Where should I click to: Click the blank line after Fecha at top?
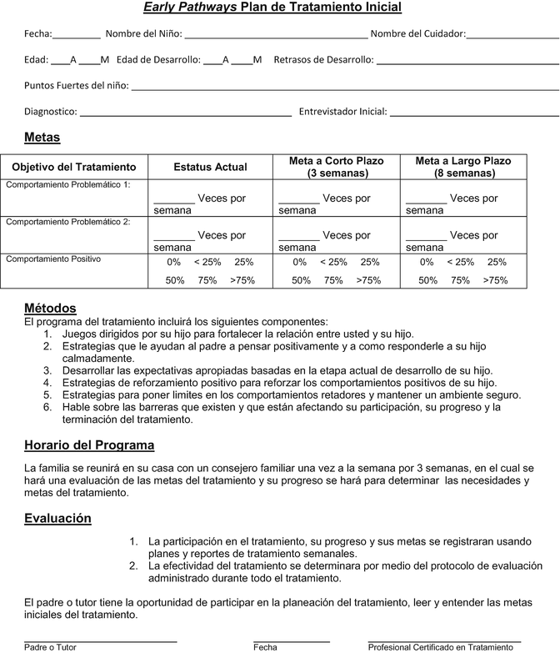pyautogui.click(x=77, y=35)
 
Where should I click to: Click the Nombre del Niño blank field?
pyautogui.click(x=275, y=35)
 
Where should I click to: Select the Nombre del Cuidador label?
pyautogui.click(x=417, y=34)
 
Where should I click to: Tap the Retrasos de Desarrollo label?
pyautogui.click(x=323, y=60)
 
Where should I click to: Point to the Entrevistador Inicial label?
pyautogui.click(x=342, y=111)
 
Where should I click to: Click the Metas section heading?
pyautogui.click(x=42, y=137)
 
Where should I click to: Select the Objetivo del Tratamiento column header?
pyautogui.click(x=73, y=167)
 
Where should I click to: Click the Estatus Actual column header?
pyautogui.click(x=210, y=167)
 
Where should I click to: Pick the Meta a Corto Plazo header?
pyautogui.click(x=336, y=167)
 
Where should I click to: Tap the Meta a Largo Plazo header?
pyautogui.click(x=463, y=167)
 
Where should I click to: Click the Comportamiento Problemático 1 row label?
pyautogui.click(x=68, y=184)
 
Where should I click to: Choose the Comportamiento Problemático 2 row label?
pyautogui.click(x=68, y=222)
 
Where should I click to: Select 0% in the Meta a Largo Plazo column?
pyautogui.click(x=427, y=262)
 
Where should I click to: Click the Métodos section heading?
pyautogui.click(x=50, y=308)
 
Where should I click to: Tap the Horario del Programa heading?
pyautogui.click(x=89, y=445)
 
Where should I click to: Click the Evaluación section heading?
pyautogui.click(x=57, y=518)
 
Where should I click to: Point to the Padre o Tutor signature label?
pyautogui.click(x=47, y=646)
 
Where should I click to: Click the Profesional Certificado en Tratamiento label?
pyautogui.click(x=441, y=646)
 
